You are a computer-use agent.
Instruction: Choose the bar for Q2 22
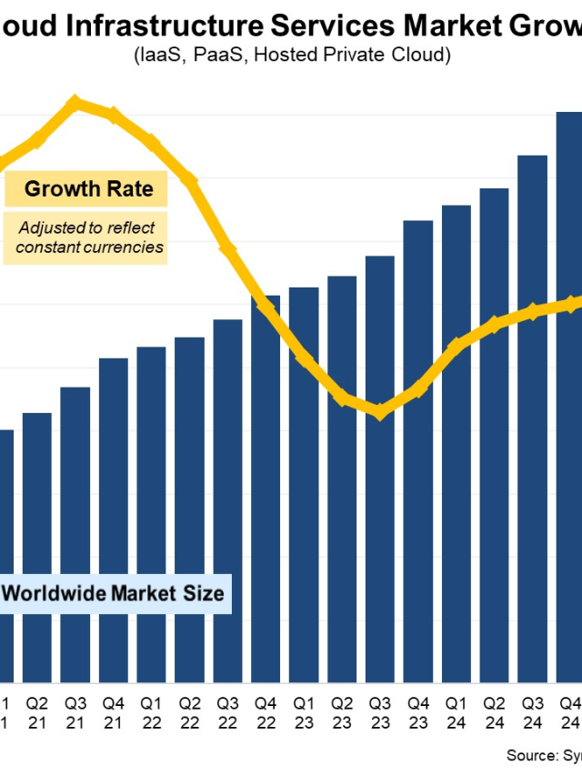click(x=189, y=509)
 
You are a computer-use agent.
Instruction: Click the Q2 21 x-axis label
click(x=37, y=711)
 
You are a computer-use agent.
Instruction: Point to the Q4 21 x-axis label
click(x=114, y=711)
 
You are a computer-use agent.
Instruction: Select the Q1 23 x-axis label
click(x=304, y=711)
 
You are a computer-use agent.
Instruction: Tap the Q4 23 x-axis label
click(x=418, y=711)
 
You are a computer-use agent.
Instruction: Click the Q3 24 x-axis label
click(x=532, y=711)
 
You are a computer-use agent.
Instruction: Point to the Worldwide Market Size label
click(x=114, y=594)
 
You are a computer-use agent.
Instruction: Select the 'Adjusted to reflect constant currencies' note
click(x=86, y=237)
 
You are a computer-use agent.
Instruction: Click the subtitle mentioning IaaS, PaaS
click(x=291, y=55)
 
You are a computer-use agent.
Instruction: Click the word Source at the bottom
click(x=530, y=755)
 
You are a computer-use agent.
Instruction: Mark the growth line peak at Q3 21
click(x=75, y=102)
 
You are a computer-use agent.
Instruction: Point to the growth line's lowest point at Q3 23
click(x=380, y=412)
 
